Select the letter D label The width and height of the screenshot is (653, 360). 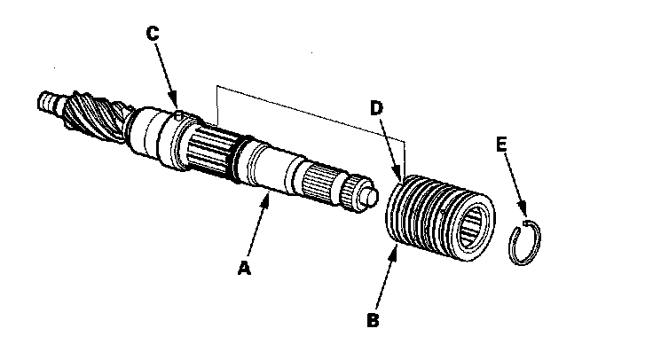click(x=375, y=109)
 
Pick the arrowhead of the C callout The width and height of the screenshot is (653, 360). click(x=177, y=108)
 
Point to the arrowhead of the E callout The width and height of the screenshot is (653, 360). click(x=527, y=216)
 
